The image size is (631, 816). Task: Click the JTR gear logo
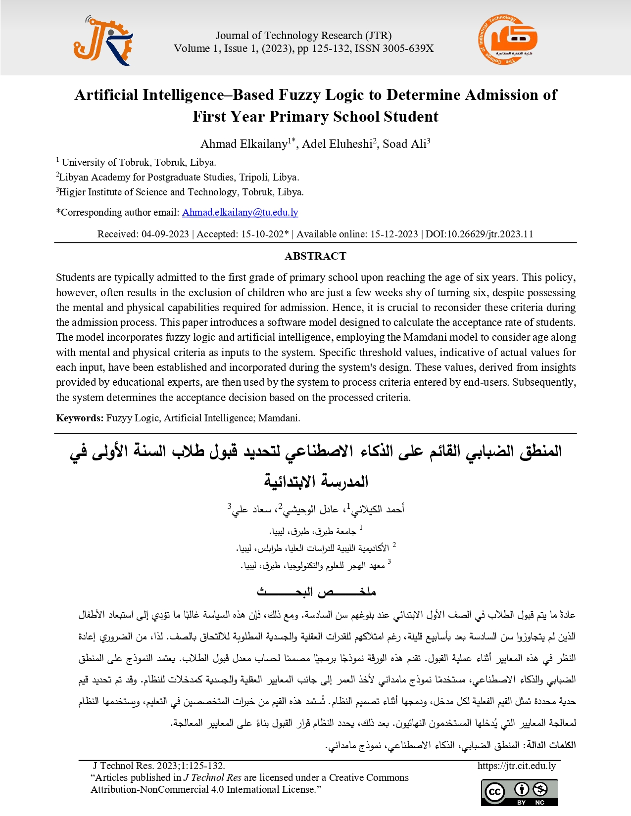103,42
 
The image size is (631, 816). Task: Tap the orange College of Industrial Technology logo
507,39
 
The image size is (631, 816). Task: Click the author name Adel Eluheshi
338,144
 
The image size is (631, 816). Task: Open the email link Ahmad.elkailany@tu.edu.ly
240,212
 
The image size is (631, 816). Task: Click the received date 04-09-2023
165,234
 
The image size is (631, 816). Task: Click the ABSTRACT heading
315,256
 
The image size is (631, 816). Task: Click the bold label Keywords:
80,418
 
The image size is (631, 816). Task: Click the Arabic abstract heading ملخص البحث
316,591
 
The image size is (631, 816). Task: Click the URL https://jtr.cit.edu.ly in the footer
517,766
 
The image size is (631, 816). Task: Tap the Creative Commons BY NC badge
519,792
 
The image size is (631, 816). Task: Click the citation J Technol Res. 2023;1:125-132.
159,766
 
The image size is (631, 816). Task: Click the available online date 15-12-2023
387,234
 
